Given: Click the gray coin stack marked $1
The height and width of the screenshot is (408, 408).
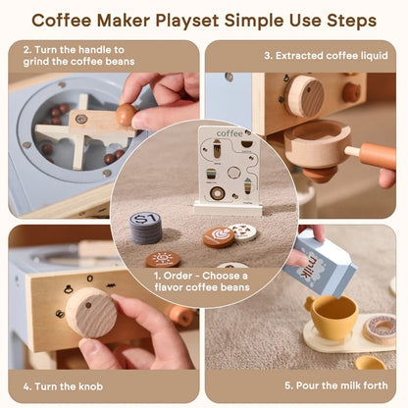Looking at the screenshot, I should click(x=146, y=227).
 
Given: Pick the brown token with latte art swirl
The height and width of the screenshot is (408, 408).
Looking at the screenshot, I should click(x=219, y=236).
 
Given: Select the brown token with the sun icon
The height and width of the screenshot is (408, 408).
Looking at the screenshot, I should click(x=163, y=260).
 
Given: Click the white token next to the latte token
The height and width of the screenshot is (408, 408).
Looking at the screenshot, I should click(x=243, y=231).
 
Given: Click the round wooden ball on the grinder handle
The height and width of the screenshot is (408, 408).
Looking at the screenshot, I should click(x=126, y=116).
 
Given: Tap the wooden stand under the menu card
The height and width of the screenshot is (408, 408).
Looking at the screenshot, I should click(x=227, y=207).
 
